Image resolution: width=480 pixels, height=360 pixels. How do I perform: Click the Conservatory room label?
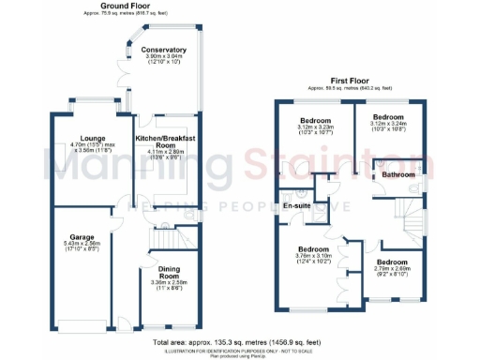163,50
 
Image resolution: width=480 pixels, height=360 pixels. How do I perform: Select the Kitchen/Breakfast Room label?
166,142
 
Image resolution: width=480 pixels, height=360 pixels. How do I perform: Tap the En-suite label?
297,204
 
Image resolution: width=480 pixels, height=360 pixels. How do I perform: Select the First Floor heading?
348,82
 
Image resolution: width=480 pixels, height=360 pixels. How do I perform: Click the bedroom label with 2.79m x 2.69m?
391,262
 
